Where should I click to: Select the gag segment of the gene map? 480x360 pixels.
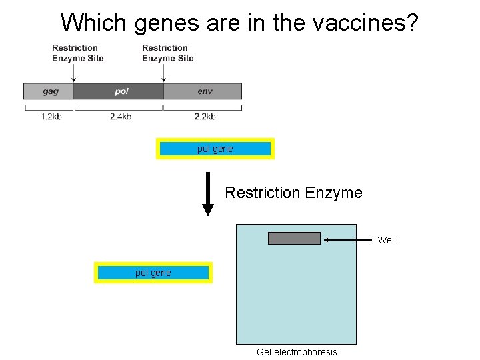point(49,91)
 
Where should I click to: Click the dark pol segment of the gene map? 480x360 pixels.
point(119,91)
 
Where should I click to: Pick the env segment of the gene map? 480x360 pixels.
point(203,91)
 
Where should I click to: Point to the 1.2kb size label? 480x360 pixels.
point(51,117)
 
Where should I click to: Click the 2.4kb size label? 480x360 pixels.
point(121,117)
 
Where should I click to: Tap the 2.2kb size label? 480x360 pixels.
point(205,117)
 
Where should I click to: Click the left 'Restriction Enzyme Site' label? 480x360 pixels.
point(78,53)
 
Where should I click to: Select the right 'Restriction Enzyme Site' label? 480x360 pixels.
point(168,53)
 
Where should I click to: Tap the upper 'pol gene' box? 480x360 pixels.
point(215,149)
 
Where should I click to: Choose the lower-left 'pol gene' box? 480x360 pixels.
point(153,273)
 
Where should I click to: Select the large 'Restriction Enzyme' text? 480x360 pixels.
point(293,193)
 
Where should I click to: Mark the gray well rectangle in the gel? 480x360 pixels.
point(294,238)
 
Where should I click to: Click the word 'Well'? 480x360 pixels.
point(387,240)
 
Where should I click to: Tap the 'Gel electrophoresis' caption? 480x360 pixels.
point(297,352)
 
